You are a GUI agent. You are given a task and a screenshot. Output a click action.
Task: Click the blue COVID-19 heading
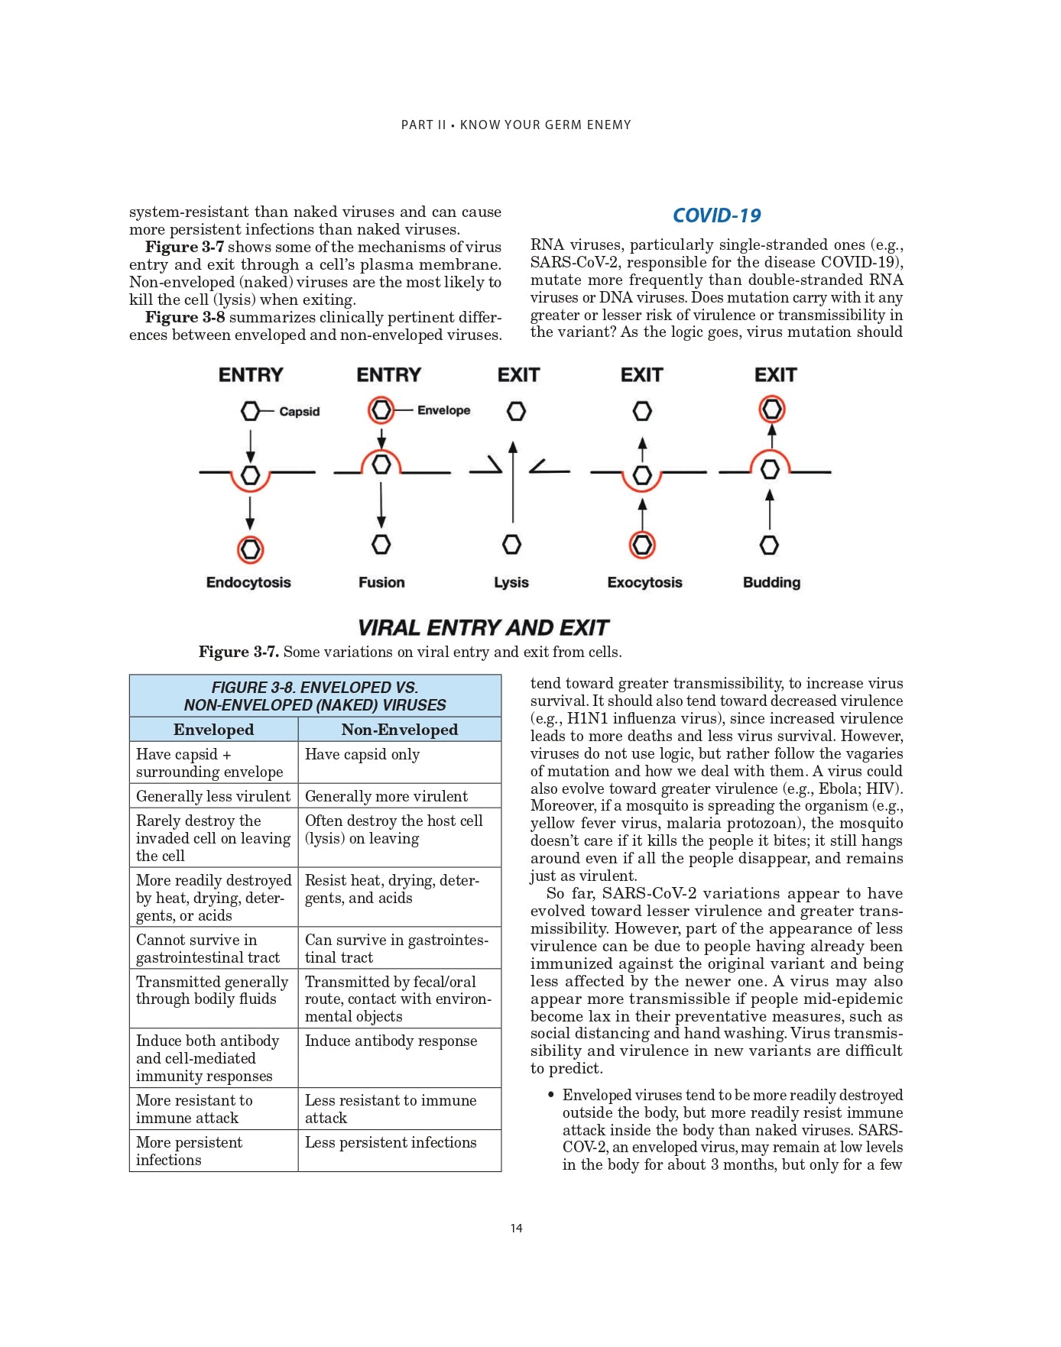point(716,215)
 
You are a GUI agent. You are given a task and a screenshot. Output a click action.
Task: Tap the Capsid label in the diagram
point(299,411)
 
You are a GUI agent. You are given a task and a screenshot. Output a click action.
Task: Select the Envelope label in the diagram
point(443,410)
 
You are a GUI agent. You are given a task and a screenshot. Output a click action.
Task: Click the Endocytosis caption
point(248,582)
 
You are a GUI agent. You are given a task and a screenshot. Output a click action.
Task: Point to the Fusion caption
point(381,582)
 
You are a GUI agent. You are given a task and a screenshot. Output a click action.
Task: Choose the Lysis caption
point(511,582)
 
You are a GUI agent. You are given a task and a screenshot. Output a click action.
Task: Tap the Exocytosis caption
point(644,582)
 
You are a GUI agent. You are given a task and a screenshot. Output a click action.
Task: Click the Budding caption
point(771,582)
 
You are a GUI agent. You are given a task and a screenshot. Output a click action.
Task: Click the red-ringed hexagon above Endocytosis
point(250,549)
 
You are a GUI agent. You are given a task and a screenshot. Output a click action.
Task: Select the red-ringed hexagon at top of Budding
point(771,409)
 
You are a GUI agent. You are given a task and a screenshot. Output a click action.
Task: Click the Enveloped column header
point(213,730)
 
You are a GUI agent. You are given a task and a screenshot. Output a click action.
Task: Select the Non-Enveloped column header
point(399,730)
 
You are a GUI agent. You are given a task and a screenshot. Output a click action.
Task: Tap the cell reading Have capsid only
point(362,755)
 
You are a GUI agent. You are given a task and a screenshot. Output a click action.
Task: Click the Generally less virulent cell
point(213,796)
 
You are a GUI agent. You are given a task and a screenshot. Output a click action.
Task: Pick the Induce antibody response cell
point(391,1041)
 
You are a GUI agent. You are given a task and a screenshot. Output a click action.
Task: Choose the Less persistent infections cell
point(390,1142)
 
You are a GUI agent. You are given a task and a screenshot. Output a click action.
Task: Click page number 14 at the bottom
point(517,1228)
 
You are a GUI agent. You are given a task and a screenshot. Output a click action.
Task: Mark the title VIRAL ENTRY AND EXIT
point(483,628)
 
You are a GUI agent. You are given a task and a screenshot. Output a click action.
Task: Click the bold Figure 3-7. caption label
point(238,652)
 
